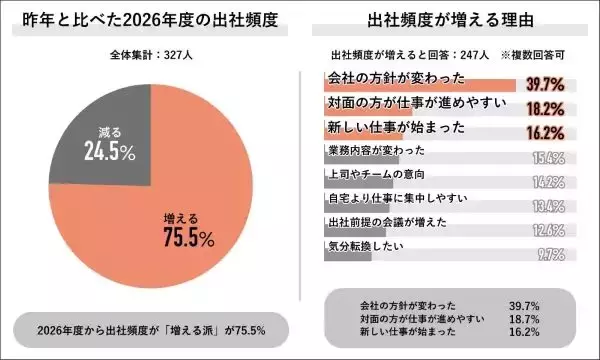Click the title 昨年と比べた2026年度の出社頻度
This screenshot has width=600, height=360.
[x=150, y=19]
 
